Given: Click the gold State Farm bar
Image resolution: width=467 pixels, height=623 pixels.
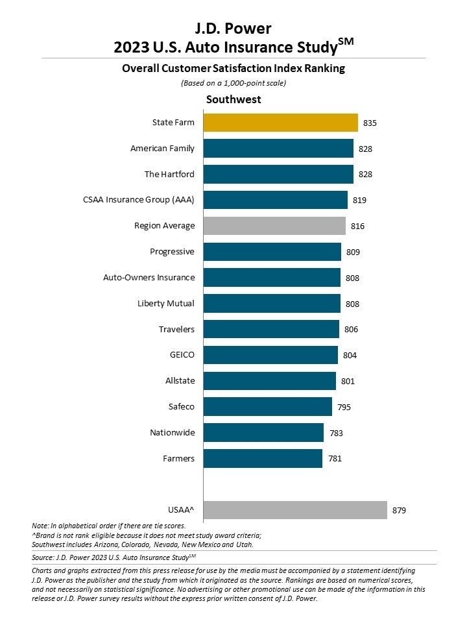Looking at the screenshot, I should (x=280, y=123).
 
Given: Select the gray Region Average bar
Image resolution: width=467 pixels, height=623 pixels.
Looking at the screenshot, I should (x=274, y=226).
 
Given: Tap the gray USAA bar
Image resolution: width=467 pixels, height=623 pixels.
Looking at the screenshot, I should (x=295, y=510).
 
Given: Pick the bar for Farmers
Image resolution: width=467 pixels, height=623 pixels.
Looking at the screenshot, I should (x=263, y=458).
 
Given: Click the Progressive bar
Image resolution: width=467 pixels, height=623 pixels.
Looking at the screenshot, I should (x=272, y=252).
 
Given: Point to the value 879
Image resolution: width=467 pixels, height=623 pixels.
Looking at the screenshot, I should (x=400, y=511).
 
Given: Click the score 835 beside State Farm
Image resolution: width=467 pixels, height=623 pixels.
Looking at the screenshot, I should (x=370, y=123).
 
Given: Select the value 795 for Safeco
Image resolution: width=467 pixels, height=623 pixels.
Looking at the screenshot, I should (x=344, y=407).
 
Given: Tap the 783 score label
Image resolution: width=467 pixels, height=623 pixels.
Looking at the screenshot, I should (x=336, y=433).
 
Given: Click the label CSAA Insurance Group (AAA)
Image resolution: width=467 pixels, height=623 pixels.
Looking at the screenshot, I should (x=138, y=200).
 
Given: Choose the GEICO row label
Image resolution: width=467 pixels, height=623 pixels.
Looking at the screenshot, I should (x=182, y=355).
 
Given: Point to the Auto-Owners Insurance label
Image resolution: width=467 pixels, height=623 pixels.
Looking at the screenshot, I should (x=149, y=277).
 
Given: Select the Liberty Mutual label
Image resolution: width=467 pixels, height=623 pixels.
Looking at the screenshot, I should (x=165, y=303).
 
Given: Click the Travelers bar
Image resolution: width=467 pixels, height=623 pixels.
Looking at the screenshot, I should (x=271, y=329).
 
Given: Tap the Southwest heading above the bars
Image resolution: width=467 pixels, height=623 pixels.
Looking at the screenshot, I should (x=233, y=100).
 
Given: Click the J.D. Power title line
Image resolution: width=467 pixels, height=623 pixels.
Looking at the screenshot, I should (x=233, y=28).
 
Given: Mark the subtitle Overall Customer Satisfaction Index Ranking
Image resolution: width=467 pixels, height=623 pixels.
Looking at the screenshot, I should (x=233, y=68).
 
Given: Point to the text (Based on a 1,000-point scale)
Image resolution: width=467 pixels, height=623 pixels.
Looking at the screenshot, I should (x=233, y=82).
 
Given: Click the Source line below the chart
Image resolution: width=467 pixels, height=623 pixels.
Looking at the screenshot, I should (x=114, y=557).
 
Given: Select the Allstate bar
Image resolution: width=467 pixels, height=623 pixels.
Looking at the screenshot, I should (x=269, y=381).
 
